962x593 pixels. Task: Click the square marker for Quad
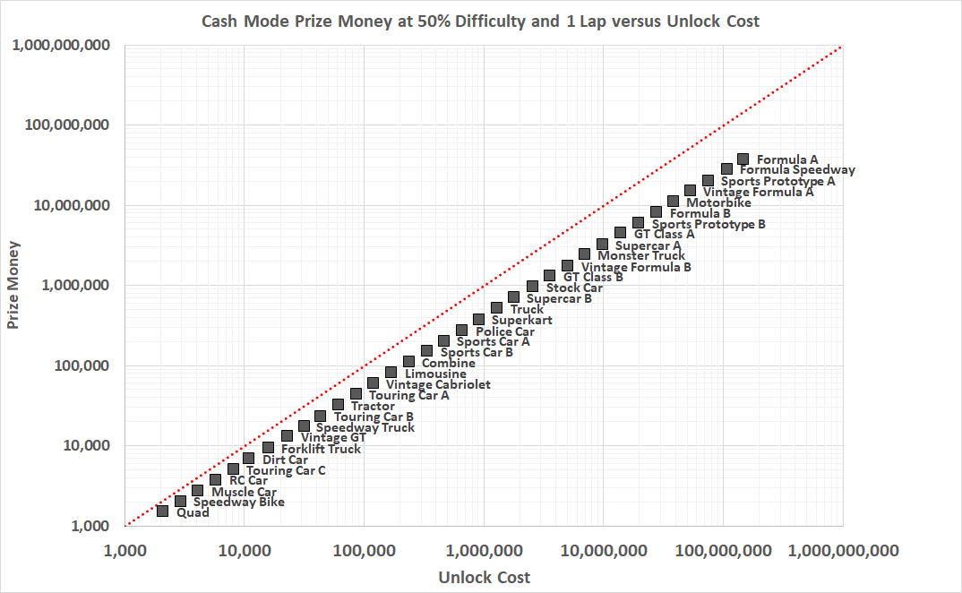pos(162,511)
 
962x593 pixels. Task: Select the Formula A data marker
pos(743,159)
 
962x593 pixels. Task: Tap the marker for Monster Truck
pos(584,254)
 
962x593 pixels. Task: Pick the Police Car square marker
pos(461,330)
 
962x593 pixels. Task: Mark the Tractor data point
pos(338,404)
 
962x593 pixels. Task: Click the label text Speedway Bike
pos(239,502)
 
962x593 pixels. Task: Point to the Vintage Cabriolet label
pos(438,384)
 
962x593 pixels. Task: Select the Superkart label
pos(522,320)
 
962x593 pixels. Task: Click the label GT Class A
pos(665,234)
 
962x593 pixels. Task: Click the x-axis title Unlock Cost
pos(484,578)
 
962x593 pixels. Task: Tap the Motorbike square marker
pos(673,201)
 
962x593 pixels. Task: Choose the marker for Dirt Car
pos(248,458)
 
